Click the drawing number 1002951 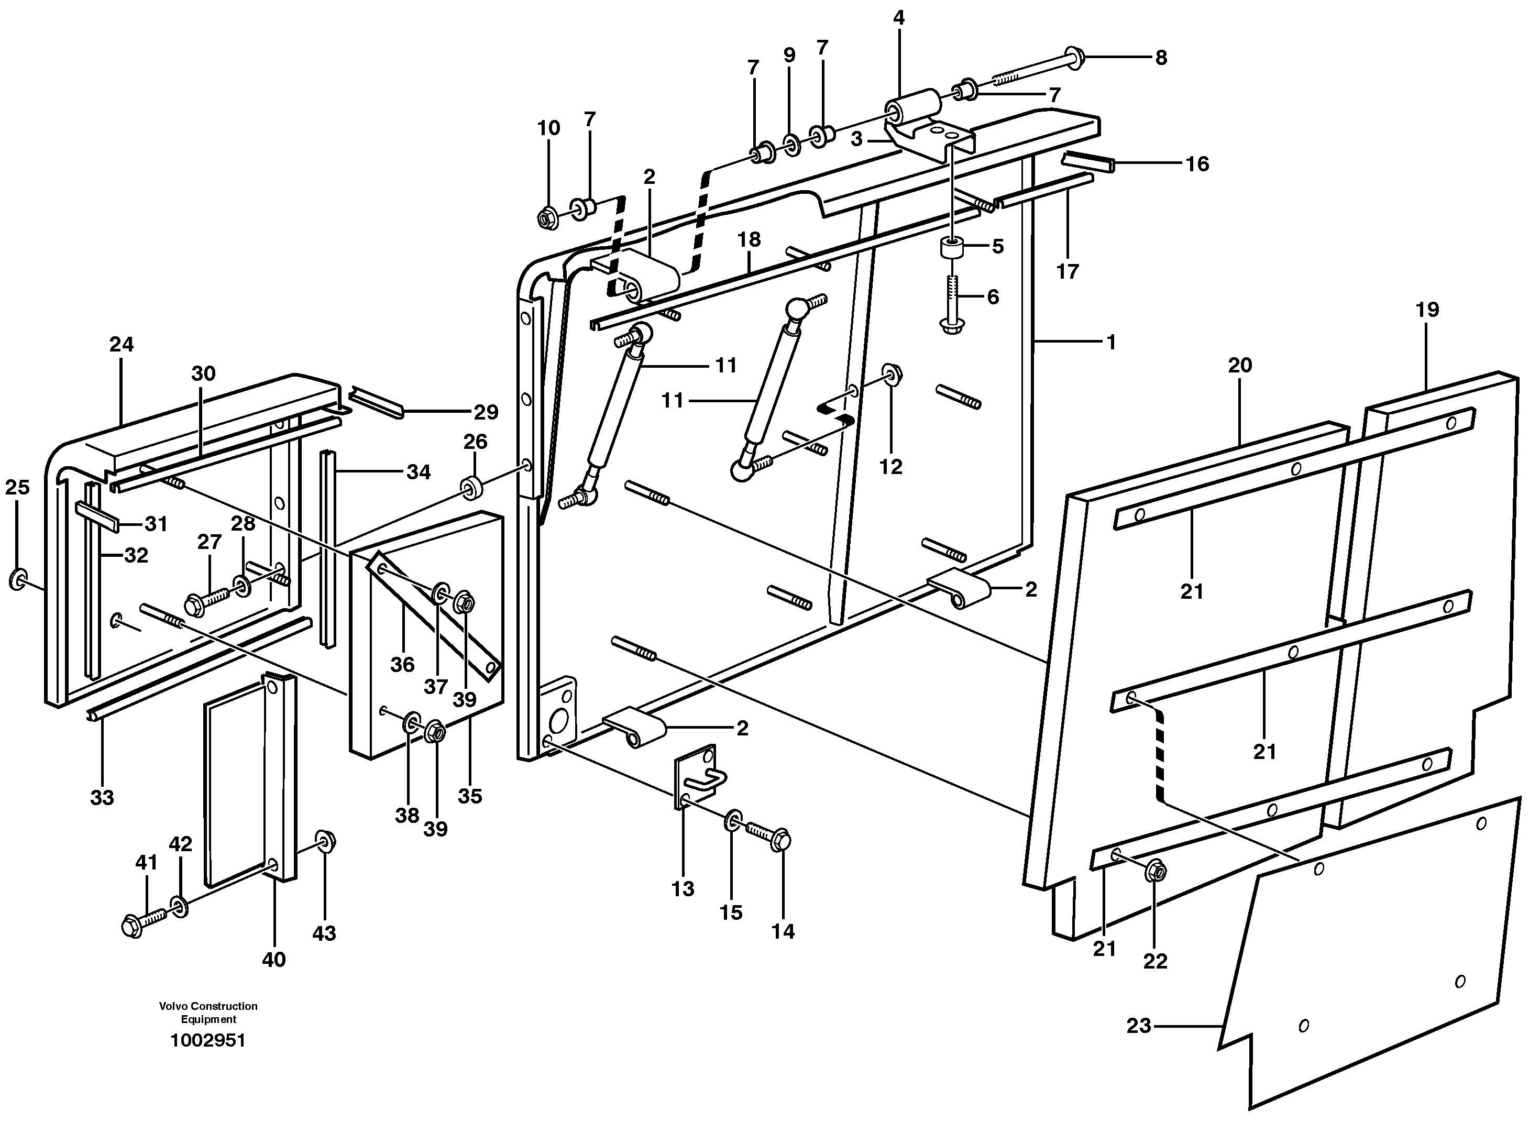coord(208,1040)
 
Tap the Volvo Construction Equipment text coord(208,1013)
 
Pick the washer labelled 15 coord(733,822)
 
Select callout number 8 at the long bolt coord(1161,58)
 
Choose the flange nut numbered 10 coord(548,218)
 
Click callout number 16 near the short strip coord(1197,164)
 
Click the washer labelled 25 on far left coord(17,579)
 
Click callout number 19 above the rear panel coord(1427,309)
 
